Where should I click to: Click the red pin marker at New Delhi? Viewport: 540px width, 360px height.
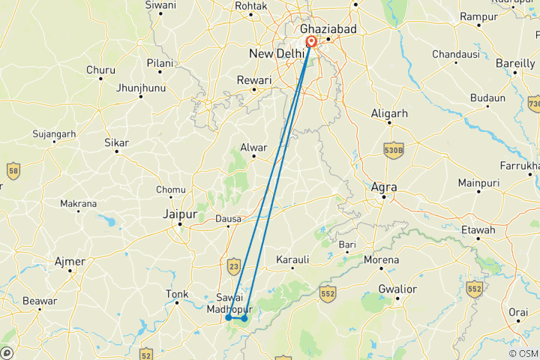point(310,43)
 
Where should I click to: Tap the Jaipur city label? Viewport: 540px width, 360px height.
point(179,214)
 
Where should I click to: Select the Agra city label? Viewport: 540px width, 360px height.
point(384,187)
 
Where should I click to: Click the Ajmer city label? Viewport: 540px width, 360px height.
point(70,261)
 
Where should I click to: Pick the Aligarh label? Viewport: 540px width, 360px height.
point(389,113)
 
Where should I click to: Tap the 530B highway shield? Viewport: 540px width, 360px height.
point(394,149)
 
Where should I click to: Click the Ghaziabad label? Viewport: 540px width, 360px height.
point(328,28)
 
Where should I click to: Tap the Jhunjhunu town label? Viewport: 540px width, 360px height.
point(140,88)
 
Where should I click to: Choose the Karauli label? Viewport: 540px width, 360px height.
point(292,259)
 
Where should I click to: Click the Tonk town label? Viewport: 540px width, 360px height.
point(176,295)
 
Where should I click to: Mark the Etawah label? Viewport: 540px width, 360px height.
point(478,229)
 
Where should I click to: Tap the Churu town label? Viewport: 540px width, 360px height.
point(100,70)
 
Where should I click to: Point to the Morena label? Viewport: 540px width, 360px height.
point(381,260)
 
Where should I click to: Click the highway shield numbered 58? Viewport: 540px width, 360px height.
point(12,172)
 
